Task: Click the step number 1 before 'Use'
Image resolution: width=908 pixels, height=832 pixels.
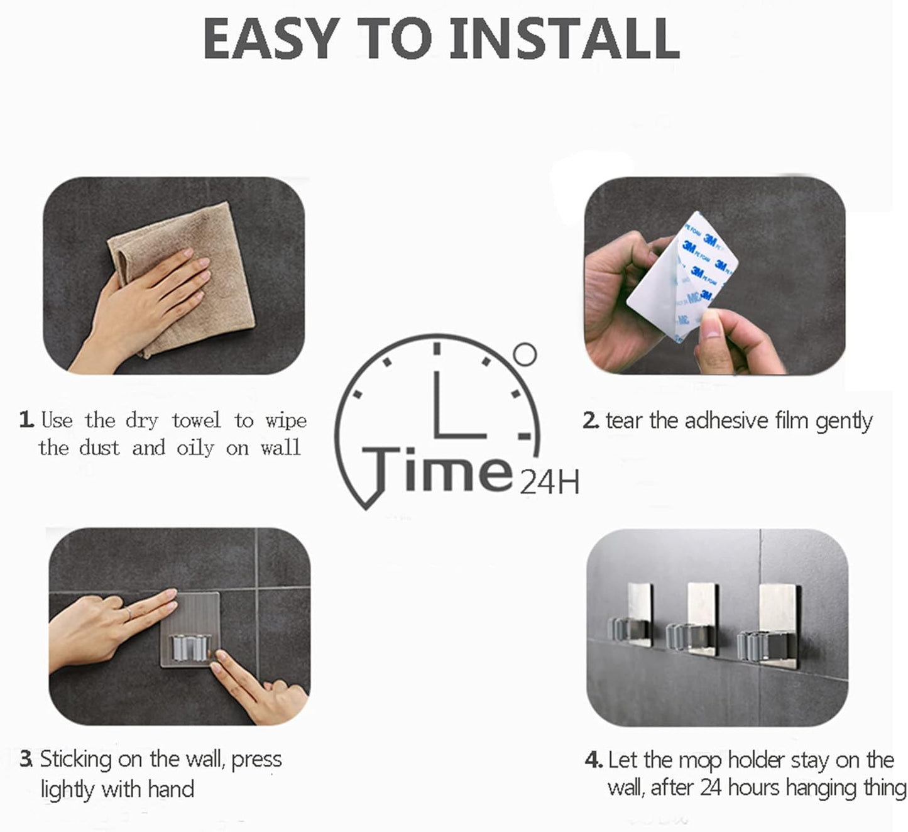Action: (26, 420)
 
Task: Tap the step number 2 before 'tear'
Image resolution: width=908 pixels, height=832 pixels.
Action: (590, 420)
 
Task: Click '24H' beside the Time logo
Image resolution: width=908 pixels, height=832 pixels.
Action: (549, 484)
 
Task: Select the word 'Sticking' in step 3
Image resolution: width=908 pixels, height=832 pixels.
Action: (76, 760)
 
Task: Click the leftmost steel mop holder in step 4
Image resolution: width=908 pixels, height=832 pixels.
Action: (633, 619)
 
